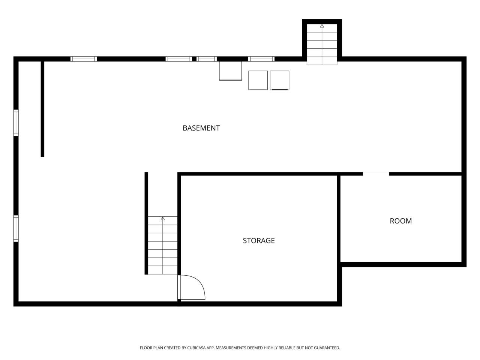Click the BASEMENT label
[x=201, y=128]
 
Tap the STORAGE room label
[x=259, y=240]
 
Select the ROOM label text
[x=400, y=221]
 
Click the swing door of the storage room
[x=192, y=288]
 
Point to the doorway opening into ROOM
[x=376, y=174]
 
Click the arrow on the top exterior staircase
[x=322, y=26]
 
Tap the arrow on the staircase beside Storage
[x=163, y=218]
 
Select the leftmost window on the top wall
[x=84, y=59]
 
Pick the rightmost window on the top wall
[x=261, y=59]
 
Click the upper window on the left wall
[x=16, y=123]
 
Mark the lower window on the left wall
[x=16, y=228]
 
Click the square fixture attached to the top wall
[x=230, y=71]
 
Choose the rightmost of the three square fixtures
[x=279, y=80]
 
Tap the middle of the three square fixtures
[x=258, y=80]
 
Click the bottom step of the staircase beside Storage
[x=163, y=270]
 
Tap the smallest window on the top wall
[x=207, y=59]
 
